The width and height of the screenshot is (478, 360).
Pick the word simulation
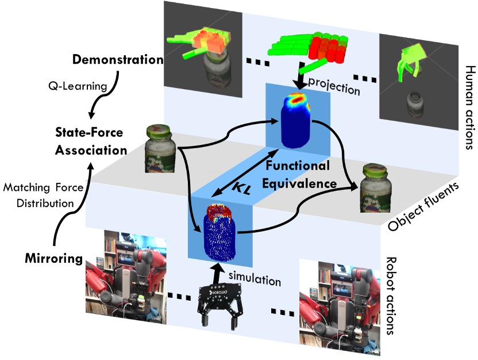click(x=259, y=279)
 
